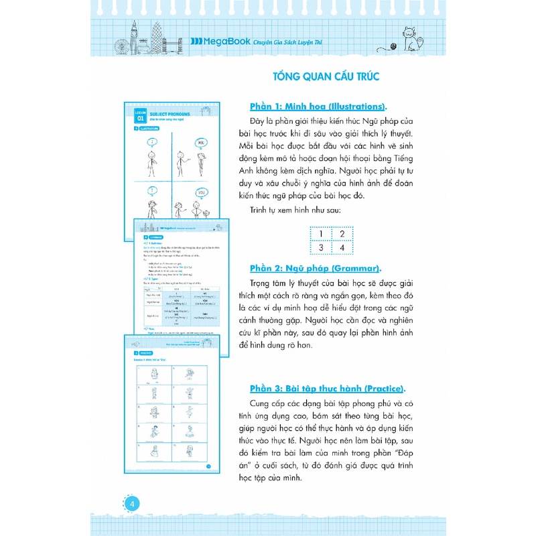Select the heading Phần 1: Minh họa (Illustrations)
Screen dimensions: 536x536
(318, 107)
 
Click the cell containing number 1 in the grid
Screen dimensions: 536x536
(322, 234)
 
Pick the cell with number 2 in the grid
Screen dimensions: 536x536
(342, 234)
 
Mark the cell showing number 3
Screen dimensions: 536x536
(322, 249)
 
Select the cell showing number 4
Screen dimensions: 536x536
(342, 249)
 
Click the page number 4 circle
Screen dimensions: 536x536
(132, 504)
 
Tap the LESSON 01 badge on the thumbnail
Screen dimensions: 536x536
(139, 116)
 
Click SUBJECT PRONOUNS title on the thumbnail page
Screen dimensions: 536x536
(170, 115)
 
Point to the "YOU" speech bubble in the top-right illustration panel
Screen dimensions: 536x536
(200, 142)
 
